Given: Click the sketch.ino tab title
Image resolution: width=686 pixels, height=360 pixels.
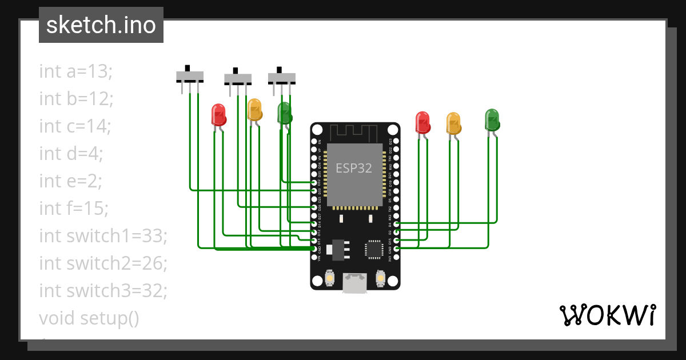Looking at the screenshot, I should pos(101,25).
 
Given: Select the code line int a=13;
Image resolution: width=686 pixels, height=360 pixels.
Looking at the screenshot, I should pos(76,71).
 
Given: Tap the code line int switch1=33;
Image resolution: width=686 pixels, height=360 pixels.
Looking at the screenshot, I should pos(103,236).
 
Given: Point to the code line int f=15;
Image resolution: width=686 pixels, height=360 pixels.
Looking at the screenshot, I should pos(74,209).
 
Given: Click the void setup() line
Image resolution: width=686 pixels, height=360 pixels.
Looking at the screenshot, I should pos(89,318).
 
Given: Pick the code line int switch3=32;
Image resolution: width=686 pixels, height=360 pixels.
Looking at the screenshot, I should pos(103,291).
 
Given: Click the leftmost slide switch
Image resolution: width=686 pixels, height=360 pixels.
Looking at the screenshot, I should pos(189,76).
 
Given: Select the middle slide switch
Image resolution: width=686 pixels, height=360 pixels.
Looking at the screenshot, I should pos(237,78).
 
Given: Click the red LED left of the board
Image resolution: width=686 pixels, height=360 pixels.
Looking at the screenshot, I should pos(218,114).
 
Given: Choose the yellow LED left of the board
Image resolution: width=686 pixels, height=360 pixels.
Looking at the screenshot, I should pos(254,110).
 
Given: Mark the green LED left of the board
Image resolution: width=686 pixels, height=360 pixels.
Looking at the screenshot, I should pos(284,113).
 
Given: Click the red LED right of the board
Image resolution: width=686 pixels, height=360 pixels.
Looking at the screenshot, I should pos(422,122).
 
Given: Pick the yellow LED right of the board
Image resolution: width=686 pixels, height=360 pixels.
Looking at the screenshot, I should pos(453,123).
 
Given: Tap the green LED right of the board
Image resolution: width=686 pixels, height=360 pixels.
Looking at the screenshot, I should pos(492,119).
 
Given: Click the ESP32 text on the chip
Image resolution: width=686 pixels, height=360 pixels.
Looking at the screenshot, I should pos(353,168).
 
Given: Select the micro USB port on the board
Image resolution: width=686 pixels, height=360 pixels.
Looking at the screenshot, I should pos(354,283).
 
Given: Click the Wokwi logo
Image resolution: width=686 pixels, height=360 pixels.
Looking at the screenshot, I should pos(607,315).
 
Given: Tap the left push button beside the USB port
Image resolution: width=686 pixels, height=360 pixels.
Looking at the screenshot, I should pos(329,278).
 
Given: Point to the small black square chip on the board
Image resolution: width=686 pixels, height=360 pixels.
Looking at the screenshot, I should pos(374,249).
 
